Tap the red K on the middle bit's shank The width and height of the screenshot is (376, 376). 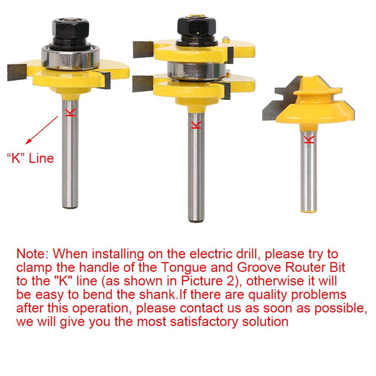pyautogui.click(x=196, y=124)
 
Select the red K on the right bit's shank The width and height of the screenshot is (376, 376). pyautogui.click(x=308, y=139)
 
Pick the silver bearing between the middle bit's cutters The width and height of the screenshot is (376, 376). pyautogui.click(x=193, y=70)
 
